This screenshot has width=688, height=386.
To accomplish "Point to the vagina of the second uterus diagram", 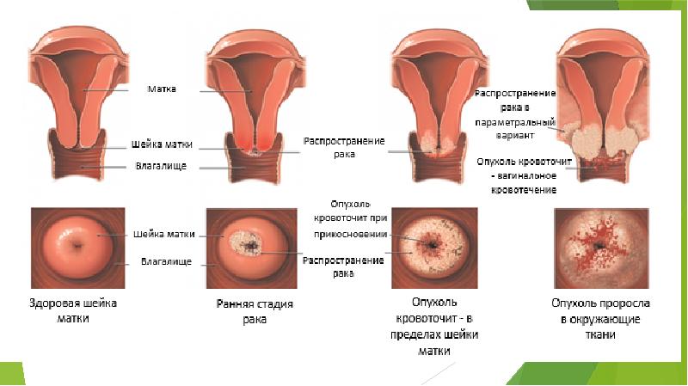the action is tap(250, 163).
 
